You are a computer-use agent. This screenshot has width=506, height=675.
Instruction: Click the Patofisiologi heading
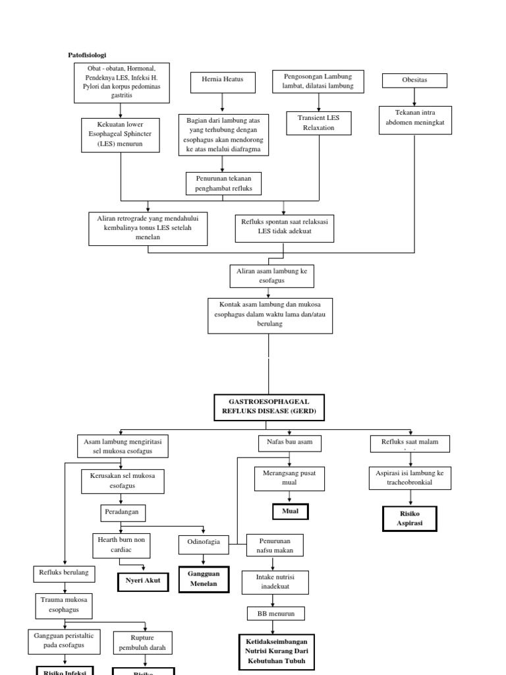pos(87,55)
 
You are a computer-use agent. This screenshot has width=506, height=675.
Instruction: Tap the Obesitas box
pos(414,80)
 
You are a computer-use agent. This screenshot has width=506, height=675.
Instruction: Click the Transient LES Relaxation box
pos(319,122)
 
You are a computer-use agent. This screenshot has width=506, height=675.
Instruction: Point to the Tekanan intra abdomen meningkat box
pos(415,120)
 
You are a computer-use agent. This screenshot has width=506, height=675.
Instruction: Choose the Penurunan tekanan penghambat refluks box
pos(223,183)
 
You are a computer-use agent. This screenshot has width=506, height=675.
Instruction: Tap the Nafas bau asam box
pos(289,443)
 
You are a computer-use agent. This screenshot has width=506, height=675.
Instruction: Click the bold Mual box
pos(290,511)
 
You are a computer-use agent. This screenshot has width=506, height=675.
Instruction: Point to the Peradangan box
pos(123,512)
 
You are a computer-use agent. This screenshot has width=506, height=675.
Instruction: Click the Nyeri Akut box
pos(143,581)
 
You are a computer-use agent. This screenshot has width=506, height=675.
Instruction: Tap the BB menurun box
pos(276,614)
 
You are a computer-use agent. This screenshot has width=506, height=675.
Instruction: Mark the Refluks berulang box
pos(63,573)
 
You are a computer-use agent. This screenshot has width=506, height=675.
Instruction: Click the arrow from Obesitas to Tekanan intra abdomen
pos(414,96)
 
